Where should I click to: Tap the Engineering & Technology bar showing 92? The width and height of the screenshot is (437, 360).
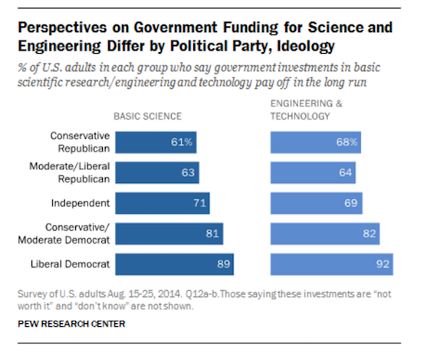click(331, 264)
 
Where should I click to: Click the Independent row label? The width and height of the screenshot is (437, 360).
click(78, 203)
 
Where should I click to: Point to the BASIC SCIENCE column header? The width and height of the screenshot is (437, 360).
click(147, 117)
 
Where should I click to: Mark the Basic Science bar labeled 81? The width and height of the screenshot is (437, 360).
click(168, 234)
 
